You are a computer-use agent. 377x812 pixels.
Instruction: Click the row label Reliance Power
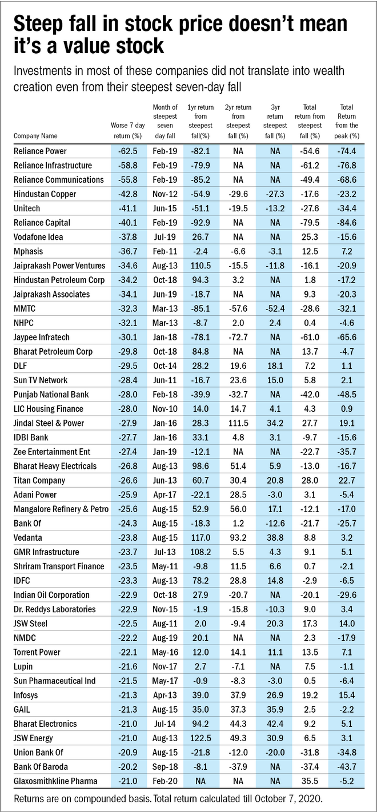point(39,151)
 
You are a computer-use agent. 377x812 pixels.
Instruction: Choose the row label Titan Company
point(40,480)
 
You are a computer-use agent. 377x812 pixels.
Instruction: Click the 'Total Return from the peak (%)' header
point(347,121)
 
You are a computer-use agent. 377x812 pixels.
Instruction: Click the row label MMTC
point(25,308)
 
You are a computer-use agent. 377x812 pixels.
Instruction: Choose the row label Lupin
point(23,666)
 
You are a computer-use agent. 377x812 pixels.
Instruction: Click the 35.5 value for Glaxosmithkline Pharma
point(311,781)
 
